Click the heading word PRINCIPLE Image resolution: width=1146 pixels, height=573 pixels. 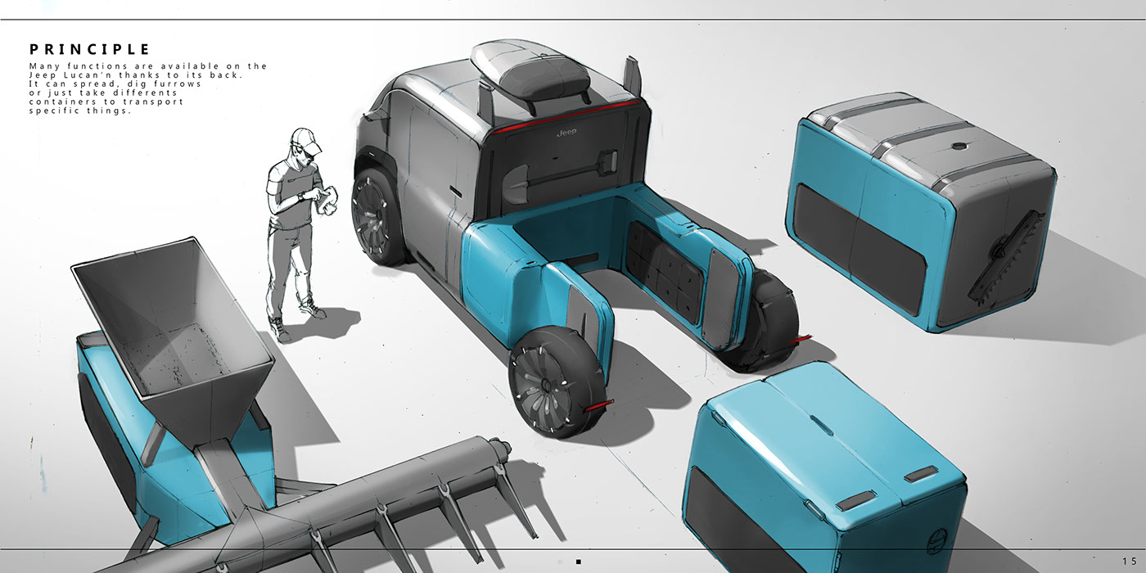[x=89, y=50]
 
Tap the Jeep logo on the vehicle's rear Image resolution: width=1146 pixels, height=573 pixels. [x=566, y=133]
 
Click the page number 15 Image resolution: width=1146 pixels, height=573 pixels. [x=1129, y=562]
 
